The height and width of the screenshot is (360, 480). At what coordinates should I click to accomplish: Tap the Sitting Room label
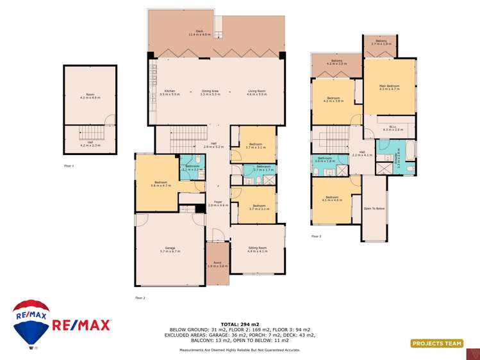coord(258,249)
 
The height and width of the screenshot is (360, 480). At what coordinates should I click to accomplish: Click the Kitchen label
coord(170,92)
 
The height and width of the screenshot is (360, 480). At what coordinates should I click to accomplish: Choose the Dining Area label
coord(211,92)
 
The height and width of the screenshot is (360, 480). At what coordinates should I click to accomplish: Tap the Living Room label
coord(257,92)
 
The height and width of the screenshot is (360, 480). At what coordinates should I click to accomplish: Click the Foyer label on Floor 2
coord(219,204)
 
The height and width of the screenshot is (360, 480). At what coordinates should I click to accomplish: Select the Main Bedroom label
coord(389,87)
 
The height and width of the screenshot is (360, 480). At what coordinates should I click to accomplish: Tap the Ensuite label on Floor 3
coord(398,161)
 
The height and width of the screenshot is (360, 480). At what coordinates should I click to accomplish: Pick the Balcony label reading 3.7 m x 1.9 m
coord(381,42)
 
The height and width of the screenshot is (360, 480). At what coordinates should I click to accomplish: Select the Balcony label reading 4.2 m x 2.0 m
coord(336,62)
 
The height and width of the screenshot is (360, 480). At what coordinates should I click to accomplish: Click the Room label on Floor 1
coord(90,96)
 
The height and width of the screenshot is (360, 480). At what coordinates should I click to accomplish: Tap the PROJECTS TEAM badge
coord(437,344)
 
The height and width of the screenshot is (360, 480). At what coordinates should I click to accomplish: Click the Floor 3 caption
coord(316,236)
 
